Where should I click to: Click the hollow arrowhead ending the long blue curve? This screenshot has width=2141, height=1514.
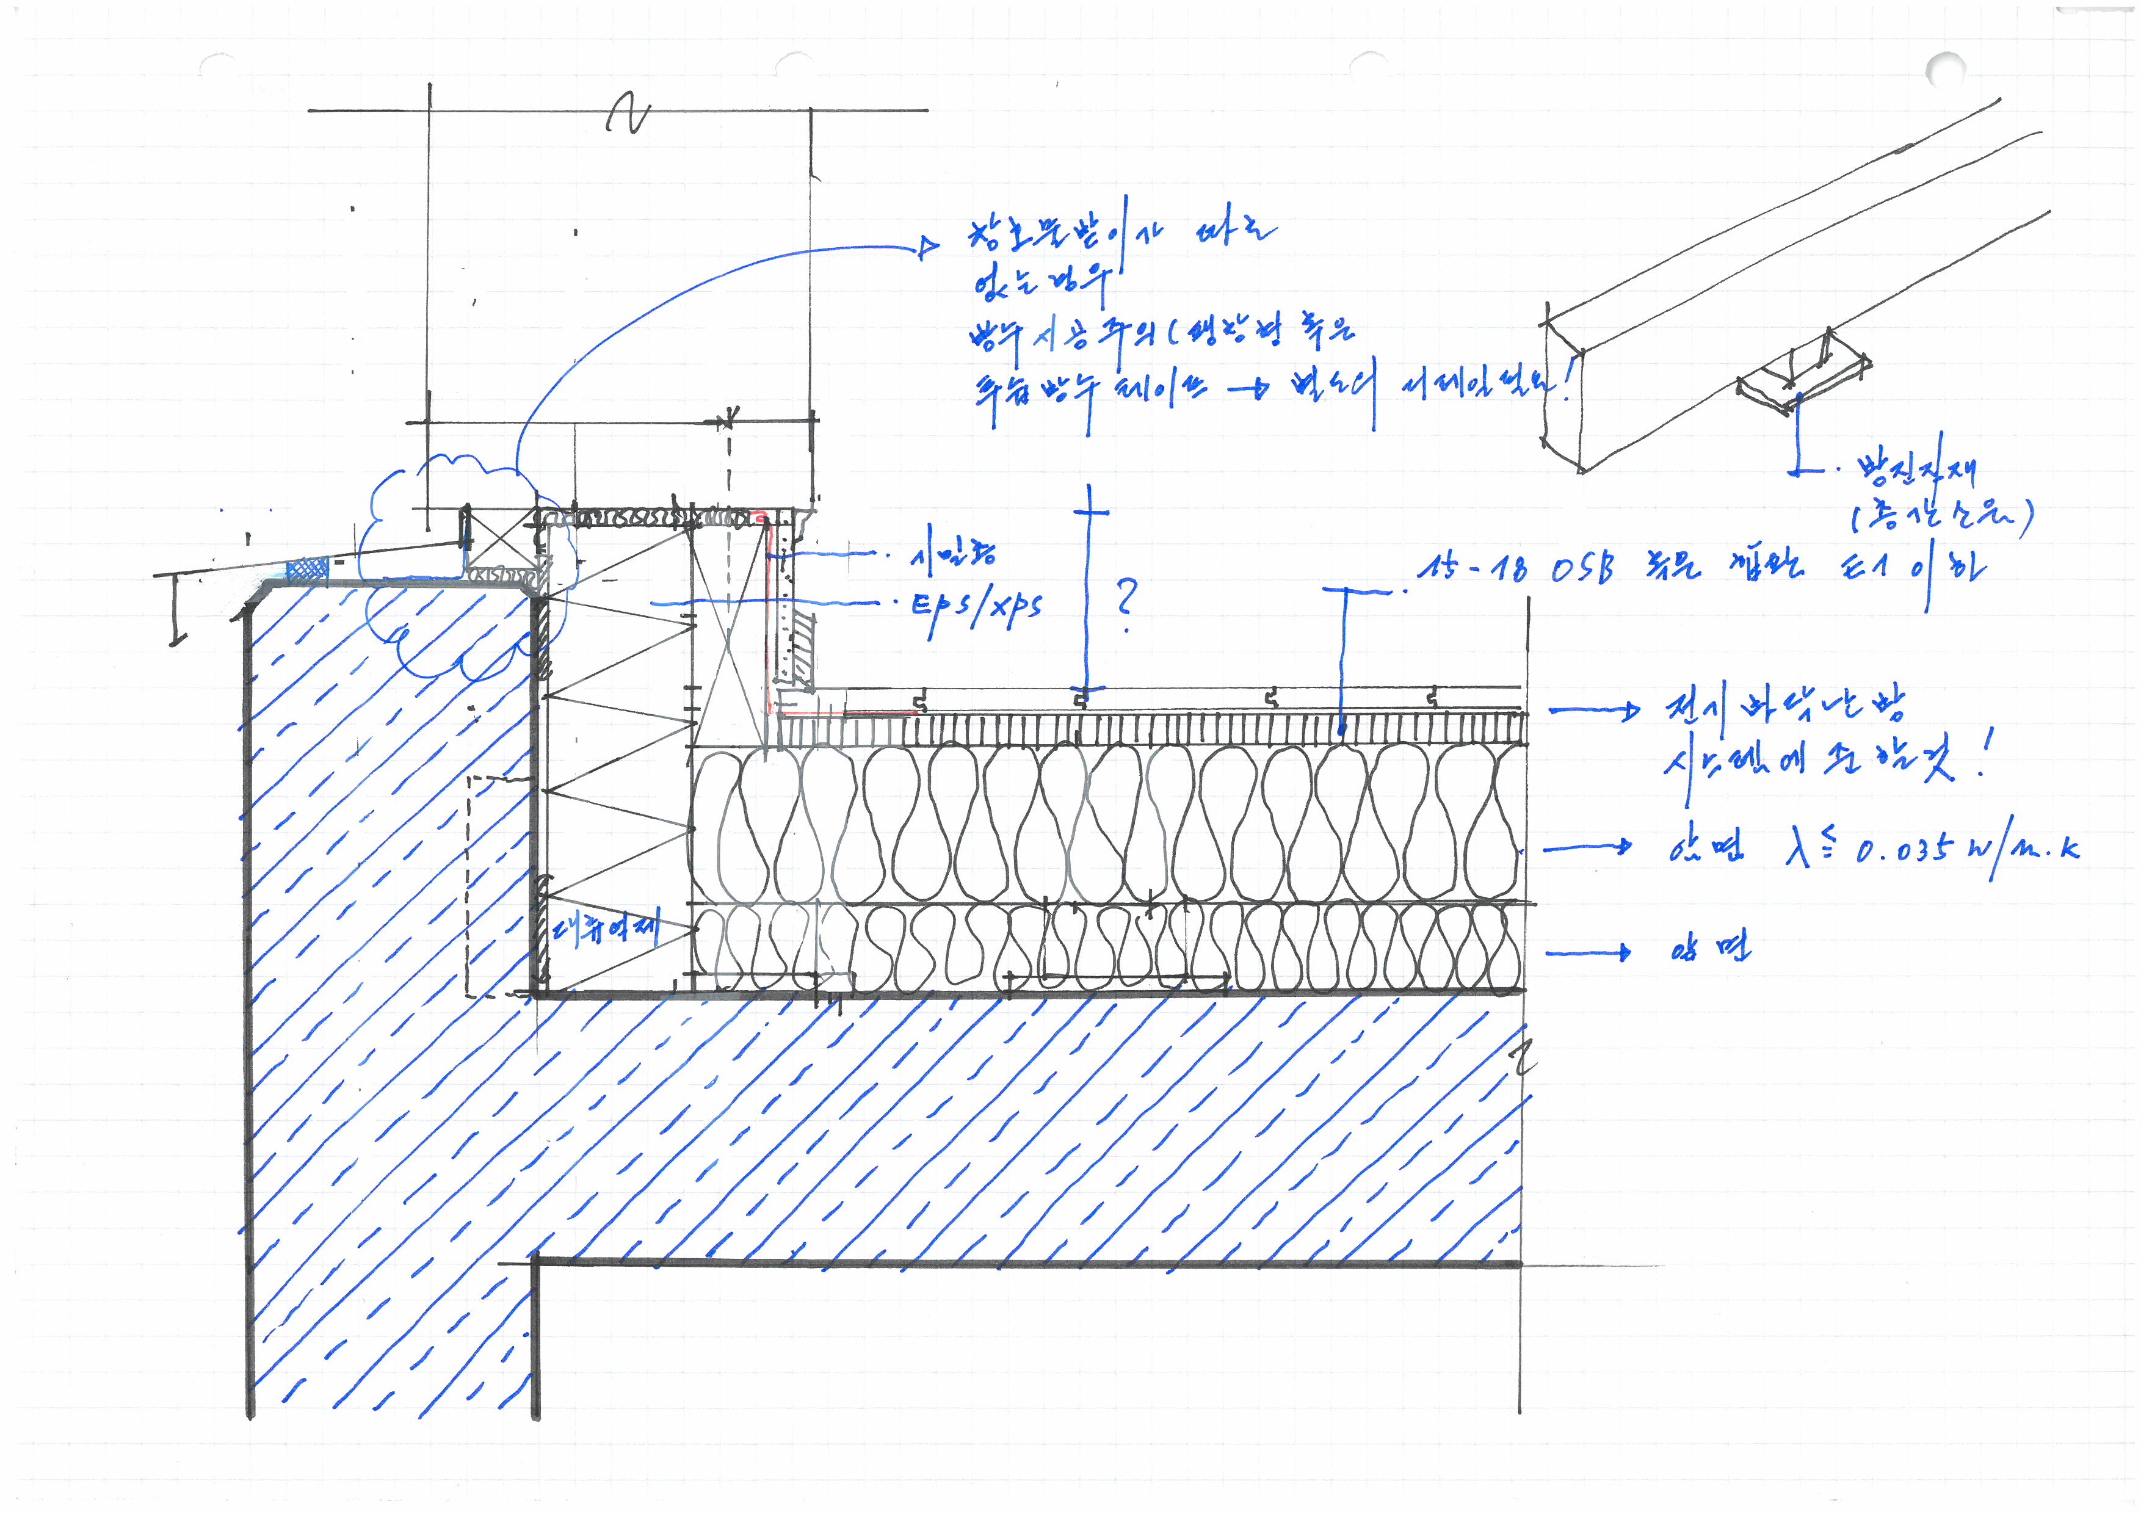pos(928,247)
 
